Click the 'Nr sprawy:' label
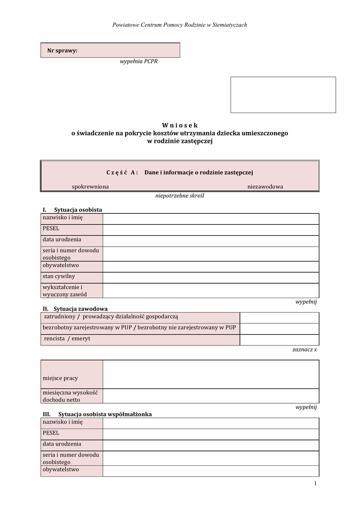click(62, 50)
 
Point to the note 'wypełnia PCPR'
click(139, 62)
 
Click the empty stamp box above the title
click(283, 95)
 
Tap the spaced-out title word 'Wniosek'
click(179, 126)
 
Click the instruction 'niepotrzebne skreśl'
click(179, 195)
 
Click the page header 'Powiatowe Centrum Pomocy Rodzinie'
click(179, 24)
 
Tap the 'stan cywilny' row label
click(59, 277)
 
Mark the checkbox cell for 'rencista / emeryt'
click(279, 340)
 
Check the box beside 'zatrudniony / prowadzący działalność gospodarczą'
click(279, 317)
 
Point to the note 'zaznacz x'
click(304, 349)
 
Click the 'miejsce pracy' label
click(60, 379)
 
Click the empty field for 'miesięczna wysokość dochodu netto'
click(211, 396)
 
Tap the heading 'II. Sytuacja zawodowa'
click(75, 309)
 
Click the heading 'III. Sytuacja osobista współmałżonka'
click(97, 414)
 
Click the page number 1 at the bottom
click(315, 484)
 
